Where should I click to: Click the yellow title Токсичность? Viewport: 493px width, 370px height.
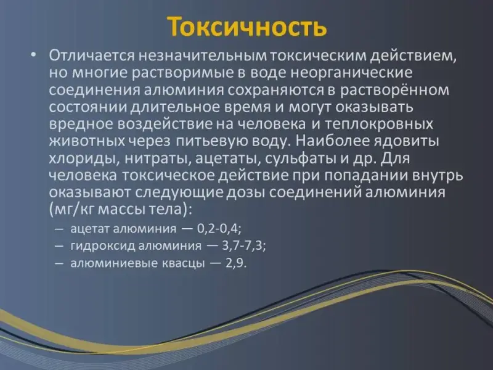coord(247,27)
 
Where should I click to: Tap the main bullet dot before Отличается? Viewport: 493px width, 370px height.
coord(34,55)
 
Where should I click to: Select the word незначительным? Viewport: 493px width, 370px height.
coord(203,55)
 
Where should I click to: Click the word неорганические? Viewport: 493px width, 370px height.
coord(351,73)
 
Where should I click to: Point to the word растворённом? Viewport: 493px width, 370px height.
coord(395,90)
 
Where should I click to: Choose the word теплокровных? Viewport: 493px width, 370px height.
coord(378,125)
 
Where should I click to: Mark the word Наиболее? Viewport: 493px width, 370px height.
coord(332,141)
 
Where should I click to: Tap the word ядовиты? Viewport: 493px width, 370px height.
coord(406,141)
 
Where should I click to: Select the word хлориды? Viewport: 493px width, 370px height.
coord(84,158)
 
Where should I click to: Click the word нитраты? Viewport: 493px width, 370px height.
coord(158,158)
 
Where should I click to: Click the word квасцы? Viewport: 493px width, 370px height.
coord(183,263)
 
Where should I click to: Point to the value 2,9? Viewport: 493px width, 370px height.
coord(236,263)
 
